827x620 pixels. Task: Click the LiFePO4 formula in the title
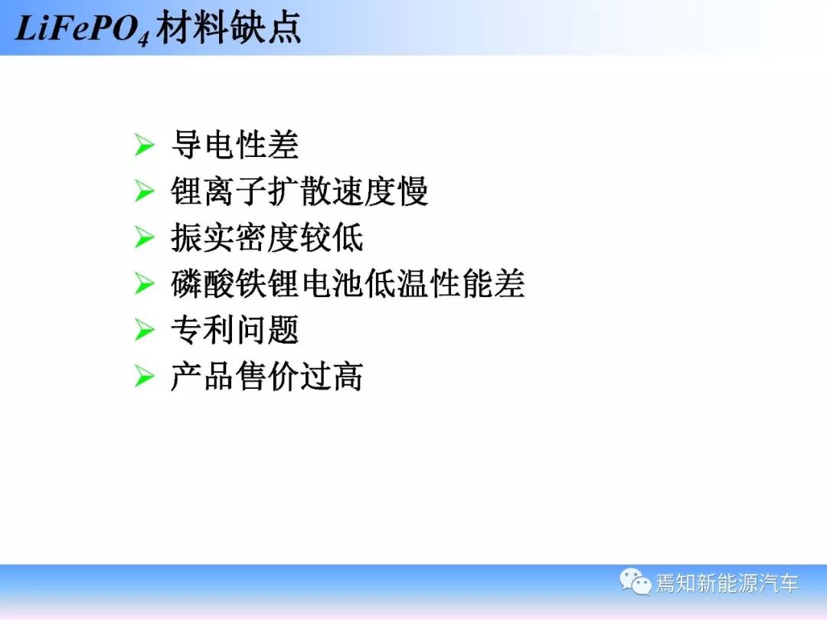pos(82,30)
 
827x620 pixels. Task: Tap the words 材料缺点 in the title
pos(229,28)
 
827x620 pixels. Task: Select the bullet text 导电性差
pos(235,145)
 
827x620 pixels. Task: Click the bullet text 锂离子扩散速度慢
pos(299,191)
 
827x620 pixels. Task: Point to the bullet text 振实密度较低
pos(267,237)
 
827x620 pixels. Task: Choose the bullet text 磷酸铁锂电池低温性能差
pos(348,284)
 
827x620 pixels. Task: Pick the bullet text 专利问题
pos(235,330)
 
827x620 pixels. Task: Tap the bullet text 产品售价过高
pos(267,377)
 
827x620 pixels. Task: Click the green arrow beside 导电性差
pos(144,145)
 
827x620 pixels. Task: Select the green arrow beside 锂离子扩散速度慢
pos(144,191)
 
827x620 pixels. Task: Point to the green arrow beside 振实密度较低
pos(144,238)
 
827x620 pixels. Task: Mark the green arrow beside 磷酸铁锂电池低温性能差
pos(144,284)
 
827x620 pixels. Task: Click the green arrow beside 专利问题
pos(144,331)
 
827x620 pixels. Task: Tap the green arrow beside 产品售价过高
pos(144,377)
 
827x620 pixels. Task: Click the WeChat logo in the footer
pos(636,582)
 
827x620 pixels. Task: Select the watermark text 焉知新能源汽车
pos(727,583)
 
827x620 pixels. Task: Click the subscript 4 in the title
pos(144,40)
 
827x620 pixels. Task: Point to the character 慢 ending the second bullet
pos(413,191)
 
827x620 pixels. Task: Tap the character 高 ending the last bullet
pos(348,377)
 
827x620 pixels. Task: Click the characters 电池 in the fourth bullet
pos(332,284)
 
